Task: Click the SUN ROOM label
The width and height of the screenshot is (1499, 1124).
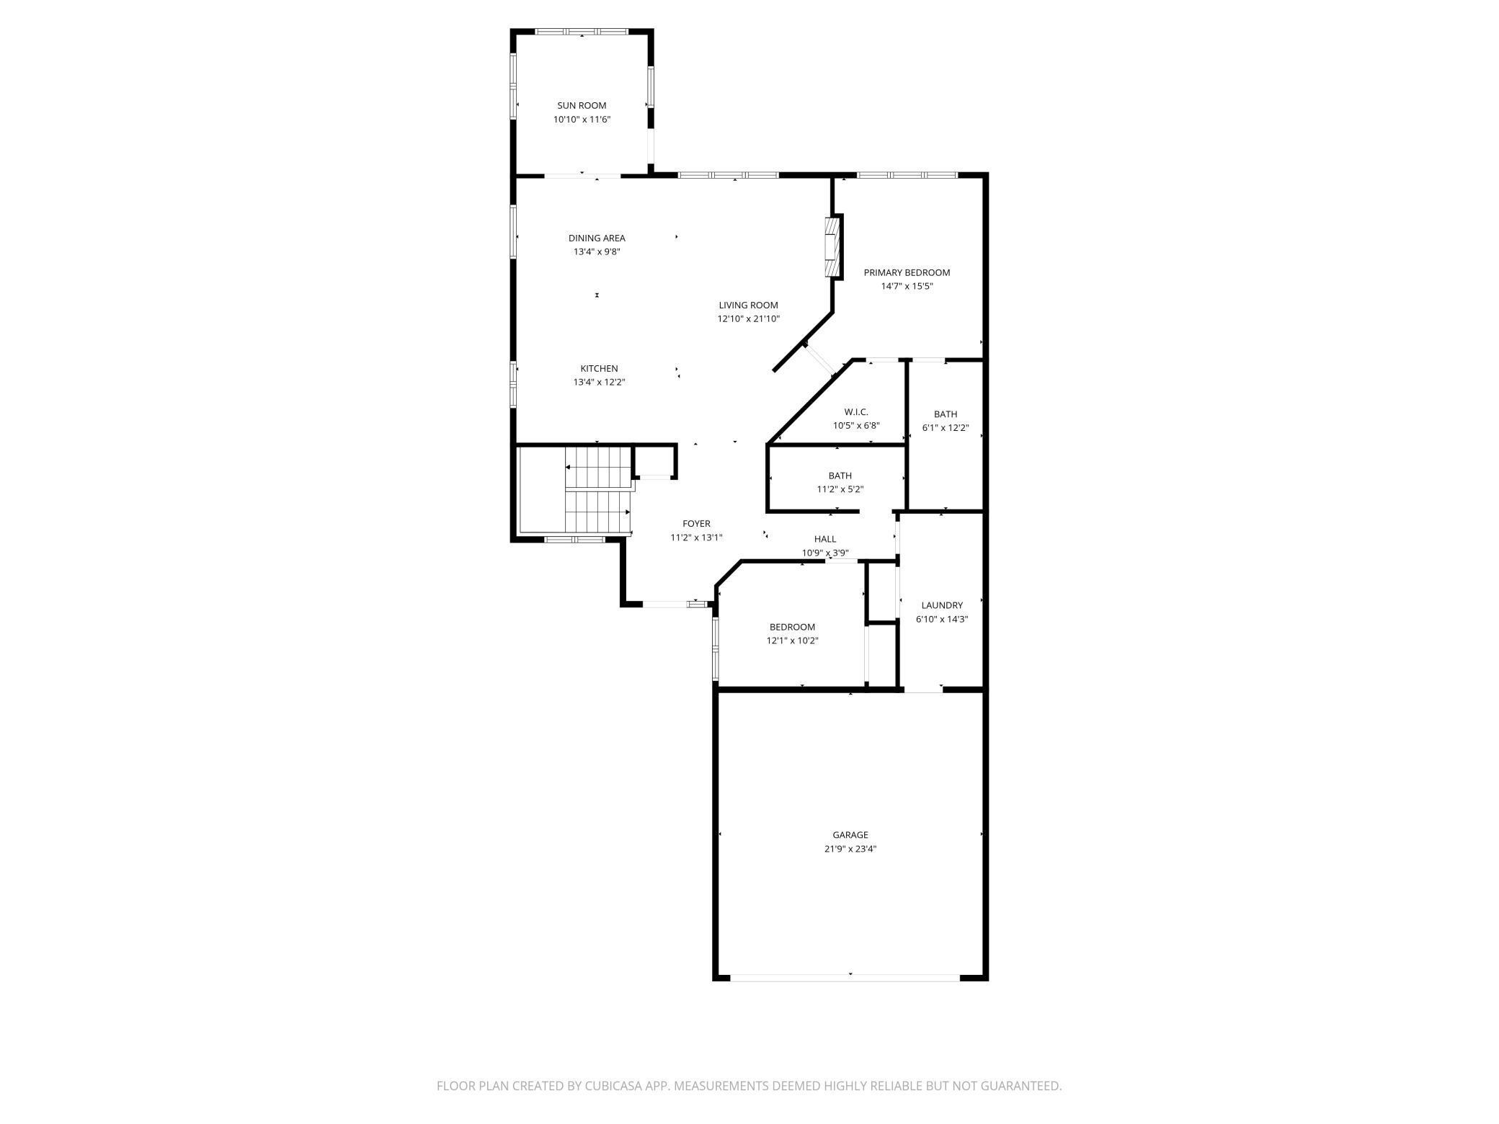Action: point(582,105)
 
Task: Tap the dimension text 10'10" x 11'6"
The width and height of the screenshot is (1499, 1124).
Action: point(582,120)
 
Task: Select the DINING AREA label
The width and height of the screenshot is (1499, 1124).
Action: point(597,238)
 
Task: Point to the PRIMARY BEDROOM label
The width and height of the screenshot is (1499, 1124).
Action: point(907,272)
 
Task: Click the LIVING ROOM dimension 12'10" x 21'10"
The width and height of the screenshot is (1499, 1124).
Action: point(748,318)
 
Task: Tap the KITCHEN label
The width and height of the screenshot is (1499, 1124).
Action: point(599,368)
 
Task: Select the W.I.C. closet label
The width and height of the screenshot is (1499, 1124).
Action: point(856,411)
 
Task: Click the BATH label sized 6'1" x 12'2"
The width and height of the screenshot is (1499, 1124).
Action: point(946,414)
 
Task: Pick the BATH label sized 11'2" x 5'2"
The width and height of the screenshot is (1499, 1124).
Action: point(840,476)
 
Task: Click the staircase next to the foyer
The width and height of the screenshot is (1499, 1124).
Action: point(597,490)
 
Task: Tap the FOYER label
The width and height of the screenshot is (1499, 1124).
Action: point(696,524)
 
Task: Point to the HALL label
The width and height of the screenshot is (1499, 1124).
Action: point(825,539)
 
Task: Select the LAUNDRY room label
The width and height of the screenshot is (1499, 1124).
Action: point(942,605)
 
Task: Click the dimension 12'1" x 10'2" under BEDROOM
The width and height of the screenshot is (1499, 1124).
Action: point(792,641)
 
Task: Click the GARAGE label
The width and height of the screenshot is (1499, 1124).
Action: point(850,835)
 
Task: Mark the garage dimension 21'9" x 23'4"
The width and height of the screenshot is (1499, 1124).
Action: point(850,849)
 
